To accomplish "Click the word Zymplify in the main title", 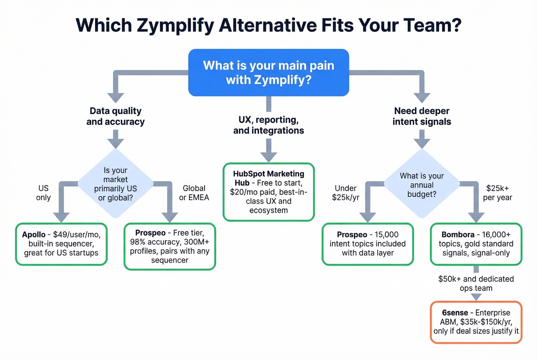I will point(175,26).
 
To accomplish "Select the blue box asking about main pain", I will point(268,72).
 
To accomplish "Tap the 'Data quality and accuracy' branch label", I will point(115,116).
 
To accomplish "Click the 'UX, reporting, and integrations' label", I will point(268,125).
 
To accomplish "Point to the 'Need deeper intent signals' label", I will point(422,116).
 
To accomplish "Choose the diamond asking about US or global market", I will point(115,184).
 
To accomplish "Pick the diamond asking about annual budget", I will point(422,185).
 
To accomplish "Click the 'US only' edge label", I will point(43,193).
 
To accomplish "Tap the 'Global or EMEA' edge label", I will point(194,193).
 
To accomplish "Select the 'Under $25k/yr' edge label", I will point(346,193).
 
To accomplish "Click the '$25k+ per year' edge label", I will point(497,193).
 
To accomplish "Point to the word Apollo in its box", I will point(34,235).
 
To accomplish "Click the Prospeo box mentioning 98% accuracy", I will point(170,247).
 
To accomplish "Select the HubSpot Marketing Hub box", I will point(268,192).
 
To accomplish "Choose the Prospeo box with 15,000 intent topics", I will point(367,244).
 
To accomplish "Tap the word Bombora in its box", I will point(458,235).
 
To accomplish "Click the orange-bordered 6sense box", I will point(476,322).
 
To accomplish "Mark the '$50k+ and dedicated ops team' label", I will point(476,283).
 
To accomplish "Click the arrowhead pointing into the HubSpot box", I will point(268,157).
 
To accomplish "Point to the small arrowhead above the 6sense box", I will point(476,297).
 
